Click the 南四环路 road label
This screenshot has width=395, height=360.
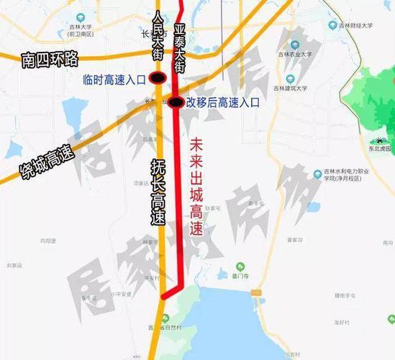tap(40, 58)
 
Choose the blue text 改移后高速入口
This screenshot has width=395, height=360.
tap(223, 102)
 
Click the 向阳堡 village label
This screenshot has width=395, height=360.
tap(48, 241)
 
